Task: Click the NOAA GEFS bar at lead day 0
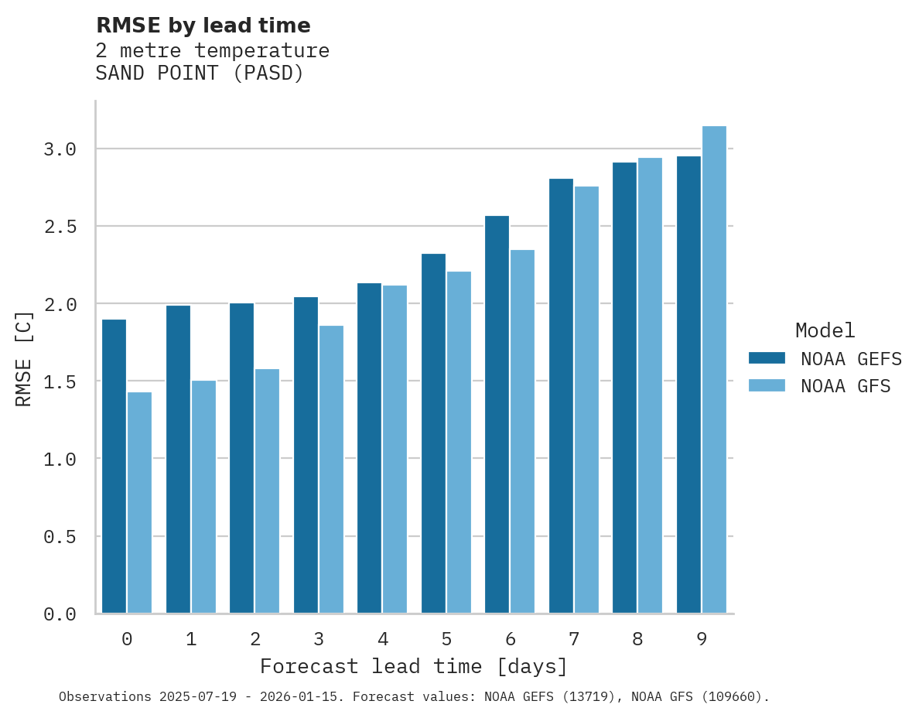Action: coord(114,467)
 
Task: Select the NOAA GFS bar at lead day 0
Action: coord(139,503)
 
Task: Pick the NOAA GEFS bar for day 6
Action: coord(497,415)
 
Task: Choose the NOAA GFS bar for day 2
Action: coord(267,491)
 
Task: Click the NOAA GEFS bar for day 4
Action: coord(369,449)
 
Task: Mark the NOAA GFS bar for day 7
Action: coord(586,400)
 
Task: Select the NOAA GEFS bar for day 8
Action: coord(624,388)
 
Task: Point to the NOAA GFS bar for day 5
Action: coord(459,443)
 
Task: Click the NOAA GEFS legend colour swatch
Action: coord(767,358)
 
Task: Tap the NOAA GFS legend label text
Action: coord(846,386)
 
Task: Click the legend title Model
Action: coord(825,331)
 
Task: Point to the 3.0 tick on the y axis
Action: coord(60,149)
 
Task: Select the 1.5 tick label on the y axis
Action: coord(60,382)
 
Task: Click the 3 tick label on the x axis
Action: coord(318,639)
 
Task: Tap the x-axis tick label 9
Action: coord(701,639)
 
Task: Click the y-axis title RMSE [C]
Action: coord(25,358)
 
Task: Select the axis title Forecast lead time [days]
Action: coord(414,667)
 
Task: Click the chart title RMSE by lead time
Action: coord(203,26)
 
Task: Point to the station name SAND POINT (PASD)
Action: coord(200,74)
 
